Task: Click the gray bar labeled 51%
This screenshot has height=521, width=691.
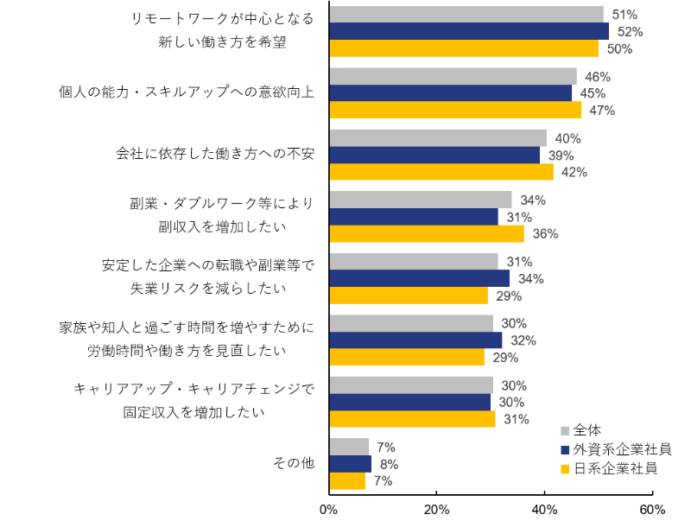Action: point(466,15)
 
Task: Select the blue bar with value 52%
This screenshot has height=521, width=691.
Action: point(469,31)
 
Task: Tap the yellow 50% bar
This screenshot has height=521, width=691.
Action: point(464,48)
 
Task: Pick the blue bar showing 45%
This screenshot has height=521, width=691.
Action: point(451,93)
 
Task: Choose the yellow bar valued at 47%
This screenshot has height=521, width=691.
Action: point(456,111)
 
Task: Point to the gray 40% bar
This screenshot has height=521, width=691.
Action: point(438,138)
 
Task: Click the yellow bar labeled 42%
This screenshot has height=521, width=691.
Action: point(441,172)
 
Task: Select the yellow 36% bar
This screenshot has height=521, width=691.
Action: point(427,234)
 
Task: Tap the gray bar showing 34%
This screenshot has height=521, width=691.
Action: point(421,200)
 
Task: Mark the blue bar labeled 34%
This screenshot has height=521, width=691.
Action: point(420,278)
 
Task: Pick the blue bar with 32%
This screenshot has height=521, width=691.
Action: point(416,340)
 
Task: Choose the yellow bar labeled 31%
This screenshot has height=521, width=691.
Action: point(413,419)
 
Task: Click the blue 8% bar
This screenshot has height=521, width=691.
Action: point(351,464)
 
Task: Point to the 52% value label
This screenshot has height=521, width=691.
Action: point(630,32)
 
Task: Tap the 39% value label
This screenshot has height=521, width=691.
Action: point(561,156)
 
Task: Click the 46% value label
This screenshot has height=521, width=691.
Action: point(597,77)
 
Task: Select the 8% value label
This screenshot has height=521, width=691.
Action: point(389,464)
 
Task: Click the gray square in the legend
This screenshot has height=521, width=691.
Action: point(565,430)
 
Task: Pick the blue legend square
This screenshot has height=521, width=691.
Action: point(565,450)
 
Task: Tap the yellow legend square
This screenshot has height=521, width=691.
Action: point(565,470)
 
